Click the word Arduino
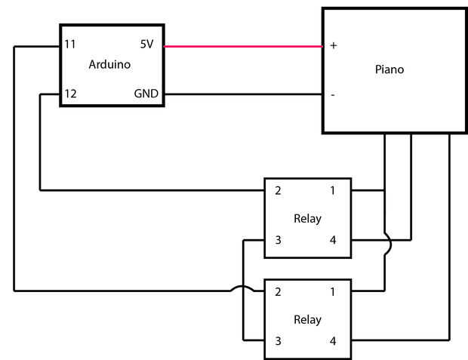coord(109,64)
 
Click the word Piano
coord(389,69)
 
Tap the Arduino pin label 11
coord(70,45)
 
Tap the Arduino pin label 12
coord(70,94)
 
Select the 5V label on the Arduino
coord(146,45)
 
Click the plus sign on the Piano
coord(333,45)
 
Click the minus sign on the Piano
coord(333,95)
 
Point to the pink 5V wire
coord(242,46)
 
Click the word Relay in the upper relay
coord(307,219)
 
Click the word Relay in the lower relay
coord(307,319)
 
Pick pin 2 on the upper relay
coord(278,191)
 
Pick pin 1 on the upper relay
coord(333,191)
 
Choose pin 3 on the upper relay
coord(278,241)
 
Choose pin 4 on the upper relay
coord(333,241)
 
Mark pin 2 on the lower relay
coord(278,291)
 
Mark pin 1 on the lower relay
coord(333,291)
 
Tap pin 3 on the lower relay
coord(278,341)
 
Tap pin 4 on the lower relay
coord(333,341)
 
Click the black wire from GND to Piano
coord(242,95)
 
